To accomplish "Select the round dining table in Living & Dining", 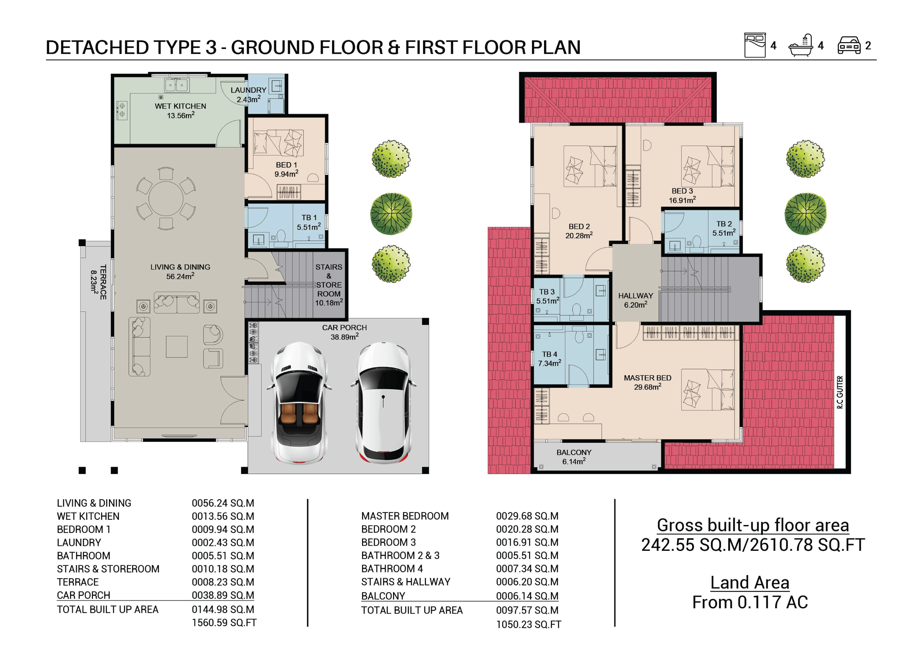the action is (166, 199).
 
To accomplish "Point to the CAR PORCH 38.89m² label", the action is (344, 332).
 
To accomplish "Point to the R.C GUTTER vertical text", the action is (840, 392).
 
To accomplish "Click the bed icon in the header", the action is (755, 45).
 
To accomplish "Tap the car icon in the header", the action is (849, 45).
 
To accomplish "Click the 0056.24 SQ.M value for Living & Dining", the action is (223, 503).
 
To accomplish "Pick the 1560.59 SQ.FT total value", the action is (224, 622).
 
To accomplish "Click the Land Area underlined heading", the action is (750, 582).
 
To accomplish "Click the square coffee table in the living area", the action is (176, 346).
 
